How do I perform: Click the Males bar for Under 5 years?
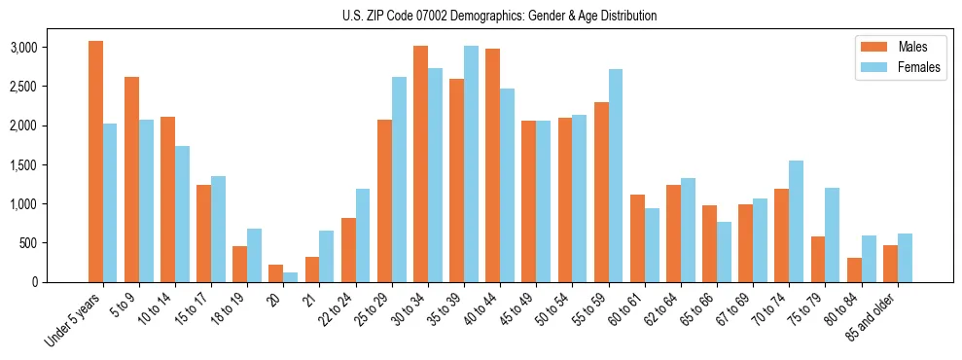(x=95, y=162)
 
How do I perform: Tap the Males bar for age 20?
(x=275, y=273)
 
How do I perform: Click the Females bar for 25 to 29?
(x=399, y=179)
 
